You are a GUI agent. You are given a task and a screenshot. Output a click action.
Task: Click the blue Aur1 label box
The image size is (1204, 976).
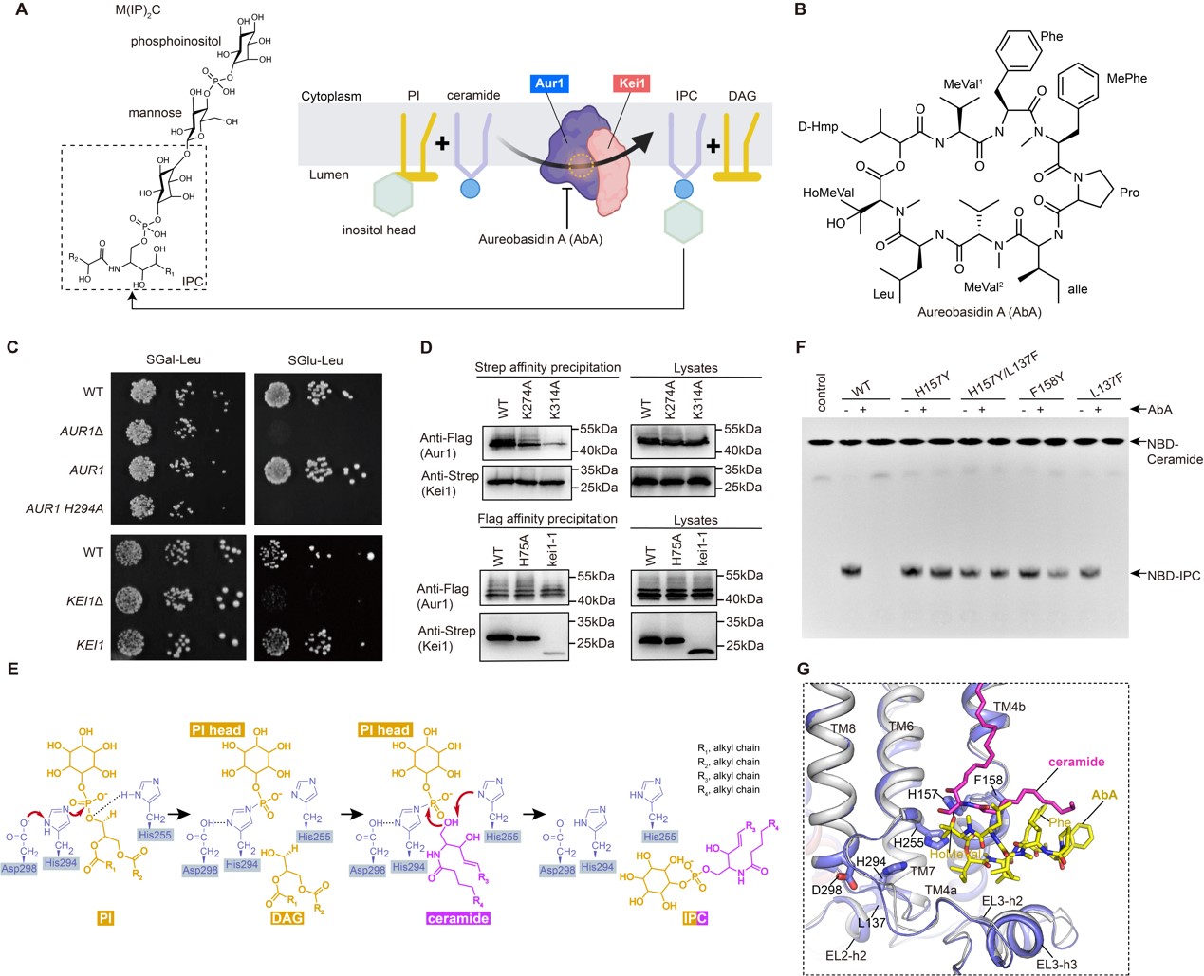pos(549,83)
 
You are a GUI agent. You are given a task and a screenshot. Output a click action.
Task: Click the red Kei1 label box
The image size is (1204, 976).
pos(632,83)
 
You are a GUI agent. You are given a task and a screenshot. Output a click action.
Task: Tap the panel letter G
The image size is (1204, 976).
pos(803,670)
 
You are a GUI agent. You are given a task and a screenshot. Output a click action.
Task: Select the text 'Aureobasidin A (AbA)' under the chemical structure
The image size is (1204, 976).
pos(979,312)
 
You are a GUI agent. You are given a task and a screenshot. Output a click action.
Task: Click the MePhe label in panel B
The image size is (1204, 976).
pos(1126,78)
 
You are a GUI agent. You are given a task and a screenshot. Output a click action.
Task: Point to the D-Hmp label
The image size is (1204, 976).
pos(818,126)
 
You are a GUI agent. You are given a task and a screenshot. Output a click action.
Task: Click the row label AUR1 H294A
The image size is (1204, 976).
pos(65,509)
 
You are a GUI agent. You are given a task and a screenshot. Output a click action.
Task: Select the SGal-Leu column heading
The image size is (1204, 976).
pos(174,359)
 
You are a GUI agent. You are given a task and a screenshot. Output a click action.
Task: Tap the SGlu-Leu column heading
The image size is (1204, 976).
pos(315,359)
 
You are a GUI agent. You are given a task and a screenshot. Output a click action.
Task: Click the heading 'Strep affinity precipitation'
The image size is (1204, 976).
pos(547,367)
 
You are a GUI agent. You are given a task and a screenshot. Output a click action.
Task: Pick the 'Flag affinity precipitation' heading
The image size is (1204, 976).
pos(547,519)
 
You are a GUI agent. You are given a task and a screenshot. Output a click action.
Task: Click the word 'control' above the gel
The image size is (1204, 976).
pos(822,393)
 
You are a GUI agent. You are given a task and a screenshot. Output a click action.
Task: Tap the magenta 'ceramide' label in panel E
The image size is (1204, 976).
pos(457,918)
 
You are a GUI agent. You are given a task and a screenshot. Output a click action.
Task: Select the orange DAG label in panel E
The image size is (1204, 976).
pos(286,918)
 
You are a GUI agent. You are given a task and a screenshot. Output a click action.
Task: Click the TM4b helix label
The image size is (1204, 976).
pos(1010,707)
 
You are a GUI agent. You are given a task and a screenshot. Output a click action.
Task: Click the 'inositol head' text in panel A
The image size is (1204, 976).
pos(379,230)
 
